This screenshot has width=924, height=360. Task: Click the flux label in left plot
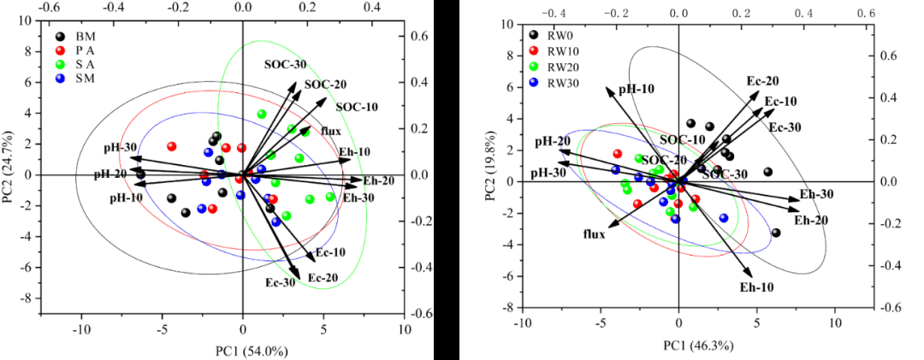[x=331, y=131]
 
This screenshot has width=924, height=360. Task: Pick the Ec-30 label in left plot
[x=280, y=283]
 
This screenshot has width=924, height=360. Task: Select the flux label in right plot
[x=595, y=233]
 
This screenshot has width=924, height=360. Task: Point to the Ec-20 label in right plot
[x=762, y=81]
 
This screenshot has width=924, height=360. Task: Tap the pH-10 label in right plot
[x=637, y=89]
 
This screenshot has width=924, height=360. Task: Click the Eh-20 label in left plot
[x=378, y=180]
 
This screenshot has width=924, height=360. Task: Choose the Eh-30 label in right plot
[x=816, y=194]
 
